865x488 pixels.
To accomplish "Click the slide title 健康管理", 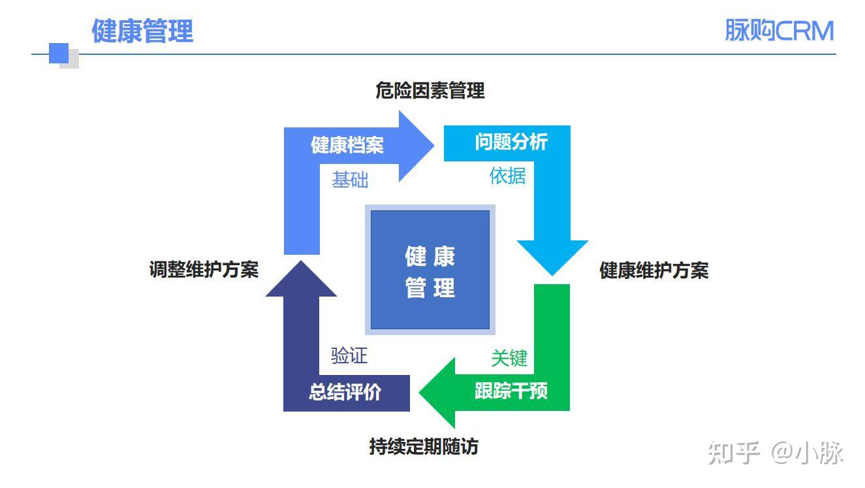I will click(x=142, y=31).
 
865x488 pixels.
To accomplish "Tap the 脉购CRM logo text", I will click(x=779, y=31).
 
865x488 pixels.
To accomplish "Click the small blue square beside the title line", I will click(x=59, y=53).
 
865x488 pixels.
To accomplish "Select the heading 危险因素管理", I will click(x=430, y=91).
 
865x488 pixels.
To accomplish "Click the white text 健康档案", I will click(x=347, y=145).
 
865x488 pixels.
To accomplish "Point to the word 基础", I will click(x=350, y=180).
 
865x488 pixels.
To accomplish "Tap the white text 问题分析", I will click(x=511, y=142).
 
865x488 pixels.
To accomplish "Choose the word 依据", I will click(x=507, y=175).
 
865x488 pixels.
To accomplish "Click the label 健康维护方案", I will click(x=653, y=270).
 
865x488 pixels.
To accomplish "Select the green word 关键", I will click(x=509, y=358).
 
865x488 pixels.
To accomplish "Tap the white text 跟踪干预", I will click(x=511, y=391).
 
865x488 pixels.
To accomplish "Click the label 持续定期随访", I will click(x=424, y=447).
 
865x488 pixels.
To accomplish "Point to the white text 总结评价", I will click(x=345, y=393).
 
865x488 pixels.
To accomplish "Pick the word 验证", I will click(x=349, y=356).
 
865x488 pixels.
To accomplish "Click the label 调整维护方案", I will click(x=204, y=269).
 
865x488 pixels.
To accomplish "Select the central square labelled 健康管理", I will click(x=430, y=270).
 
